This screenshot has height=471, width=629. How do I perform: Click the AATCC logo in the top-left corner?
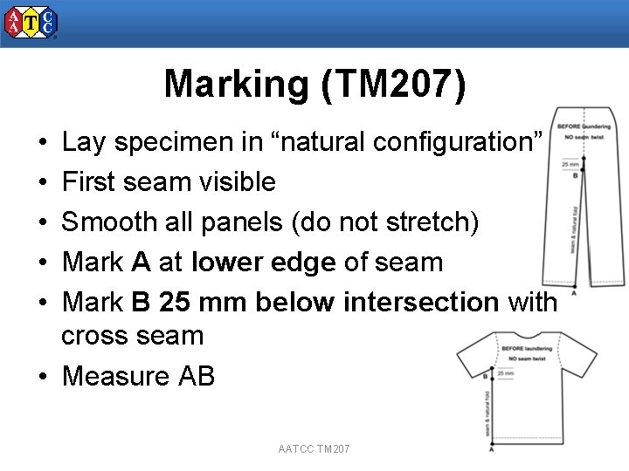click(x=31, y=23)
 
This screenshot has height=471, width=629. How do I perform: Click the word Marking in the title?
click(x=232, y=85)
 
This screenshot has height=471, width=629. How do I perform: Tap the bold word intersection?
click(x=420, y=303)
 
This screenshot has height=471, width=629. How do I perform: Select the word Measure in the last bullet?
click(x=116, y=376)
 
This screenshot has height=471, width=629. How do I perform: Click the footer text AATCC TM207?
click(x=314, y=448)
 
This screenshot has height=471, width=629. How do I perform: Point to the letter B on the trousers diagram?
click(x=575, y=175)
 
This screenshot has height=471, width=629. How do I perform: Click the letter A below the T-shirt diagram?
click(x=492, y=450)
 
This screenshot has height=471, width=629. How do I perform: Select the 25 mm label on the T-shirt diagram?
click(x=505, y=373)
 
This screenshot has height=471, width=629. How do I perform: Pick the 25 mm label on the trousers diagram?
click(x=570, y=164)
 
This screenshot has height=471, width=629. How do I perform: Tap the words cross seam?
click(x=132, y=336)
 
